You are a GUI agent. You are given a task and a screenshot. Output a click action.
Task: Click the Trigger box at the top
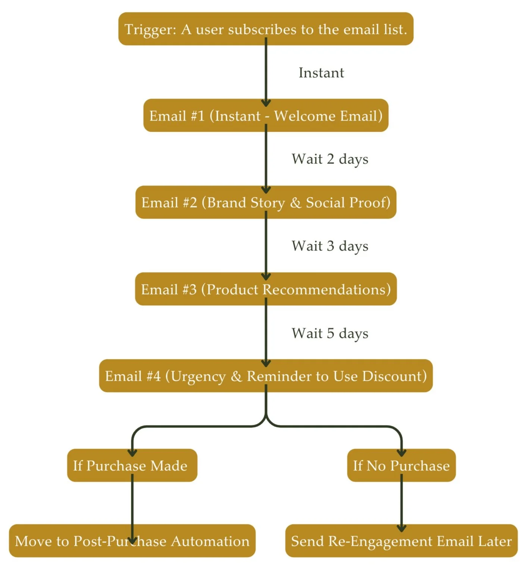click(x=266, y=29)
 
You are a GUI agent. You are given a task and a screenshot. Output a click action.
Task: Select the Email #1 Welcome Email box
click(x=266, y=116)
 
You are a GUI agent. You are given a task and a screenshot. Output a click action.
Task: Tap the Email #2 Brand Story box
click(x=266, y=202)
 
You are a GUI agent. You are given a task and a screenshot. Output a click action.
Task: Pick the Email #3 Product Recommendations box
click(x=266, y=289)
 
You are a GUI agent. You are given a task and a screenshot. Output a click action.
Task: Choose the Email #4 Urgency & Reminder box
click(x=266, y=376)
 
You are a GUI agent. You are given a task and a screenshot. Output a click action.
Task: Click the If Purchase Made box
click(x=132, y=466)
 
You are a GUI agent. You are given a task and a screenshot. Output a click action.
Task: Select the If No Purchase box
click(x=401, y=466)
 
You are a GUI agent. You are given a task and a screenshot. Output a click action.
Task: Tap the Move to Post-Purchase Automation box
click(x=132, y=541)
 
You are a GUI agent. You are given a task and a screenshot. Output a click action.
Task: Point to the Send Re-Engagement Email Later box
click(x=401, y=541)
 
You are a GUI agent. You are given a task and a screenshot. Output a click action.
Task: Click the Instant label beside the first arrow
click(x=321, y=73)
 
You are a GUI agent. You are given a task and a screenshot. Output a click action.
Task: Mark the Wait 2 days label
click(x=330, y=159)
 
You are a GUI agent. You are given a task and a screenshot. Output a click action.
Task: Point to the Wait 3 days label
click(x=330, y=246)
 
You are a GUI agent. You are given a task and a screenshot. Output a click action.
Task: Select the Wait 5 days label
click(x=330, y=333)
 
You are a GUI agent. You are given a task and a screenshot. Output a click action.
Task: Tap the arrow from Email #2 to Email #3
click(x=266, y=246)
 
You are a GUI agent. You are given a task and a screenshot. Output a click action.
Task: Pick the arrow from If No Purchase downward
click(x=401, y=504)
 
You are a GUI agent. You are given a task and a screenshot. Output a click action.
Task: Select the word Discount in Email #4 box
click(x=394, y=376)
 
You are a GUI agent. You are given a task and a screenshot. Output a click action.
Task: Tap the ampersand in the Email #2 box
click(x=296, y=203)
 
